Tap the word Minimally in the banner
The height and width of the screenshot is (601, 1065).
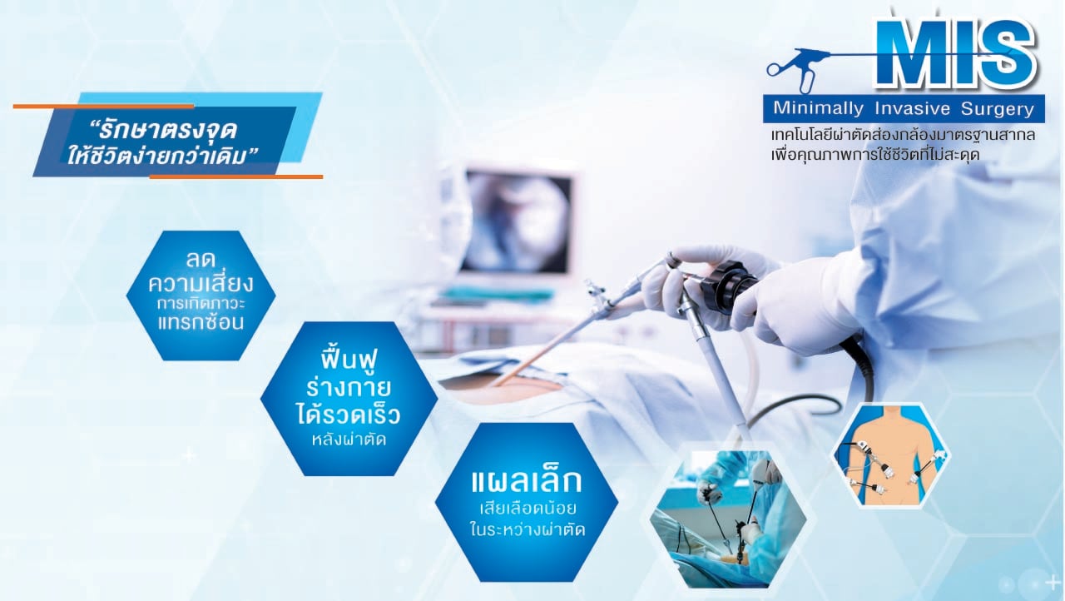point(818,108)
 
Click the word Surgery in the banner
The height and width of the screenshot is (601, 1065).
point(998,109)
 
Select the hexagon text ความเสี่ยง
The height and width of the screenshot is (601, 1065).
point(201,284)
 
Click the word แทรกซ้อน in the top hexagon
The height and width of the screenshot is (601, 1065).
point(201,322)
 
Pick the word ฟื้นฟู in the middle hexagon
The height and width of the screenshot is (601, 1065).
point(349,362)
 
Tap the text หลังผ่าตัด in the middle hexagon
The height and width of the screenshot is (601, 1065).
point(349,440)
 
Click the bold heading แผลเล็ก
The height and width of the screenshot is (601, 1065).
point(527,480)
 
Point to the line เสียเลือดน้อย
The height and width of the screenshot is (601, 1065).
point(528,509)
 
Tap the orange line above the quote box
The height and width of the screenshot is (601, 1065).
point(104,107)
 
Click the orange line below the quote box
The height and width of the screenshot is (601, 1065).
point(236,176)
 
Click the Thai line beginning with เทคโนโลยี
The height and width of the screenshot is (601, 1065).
point(903,135)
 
